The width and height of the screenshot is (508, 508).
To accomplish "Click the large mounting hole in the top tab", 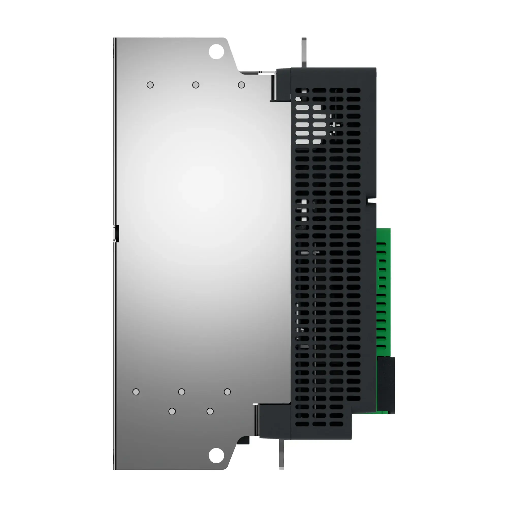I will [216, 52].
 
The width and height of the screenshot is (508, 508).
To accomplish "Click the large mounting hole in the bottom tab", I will [216, 455].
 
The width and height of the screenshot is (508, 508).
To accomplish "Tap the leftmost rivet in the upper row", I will [150, 85].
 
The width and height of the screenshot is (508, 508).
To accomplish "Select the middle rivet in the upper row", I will [196, 85].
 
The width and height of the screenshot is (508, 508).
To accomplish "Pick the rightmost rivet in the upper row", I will [241, 85].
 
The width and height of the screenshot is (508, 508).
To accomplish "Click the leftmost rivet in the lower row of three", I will [136, 392].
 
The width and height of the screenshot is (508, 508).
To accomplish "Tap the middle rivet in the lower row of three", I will [181, 392].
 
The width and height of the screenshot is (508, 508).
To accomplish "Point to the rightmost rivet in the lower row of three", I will [227, 392].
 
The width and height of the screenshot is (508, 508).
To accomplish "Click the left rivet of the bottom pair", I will [172, 411].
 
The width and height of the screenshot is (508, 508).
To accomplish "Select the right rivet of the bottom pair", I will [210, 411].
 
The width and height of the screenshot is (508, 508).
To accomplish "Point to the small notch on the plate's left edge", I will [116, 233].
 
